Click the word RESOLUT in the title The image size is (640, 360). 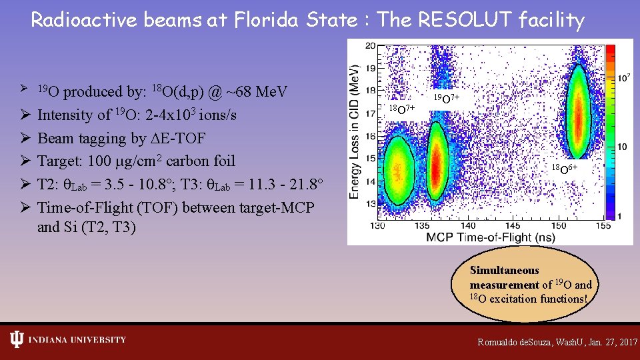coord(463,20)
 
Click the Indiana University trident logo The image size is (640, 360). coord(17,340)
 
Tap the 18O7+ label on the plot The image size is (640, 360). coord(402,108)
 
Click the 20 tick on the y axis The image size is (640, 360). coord(370,45)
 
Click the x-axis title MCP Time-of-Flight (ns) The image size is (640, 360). coord(491,237)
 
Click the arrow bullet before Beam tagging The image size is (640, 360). coord(24,138)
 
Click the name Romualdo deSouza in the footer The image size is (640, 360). coord(517,342)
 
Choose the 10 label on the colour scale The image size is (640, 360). coord(621,147)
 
